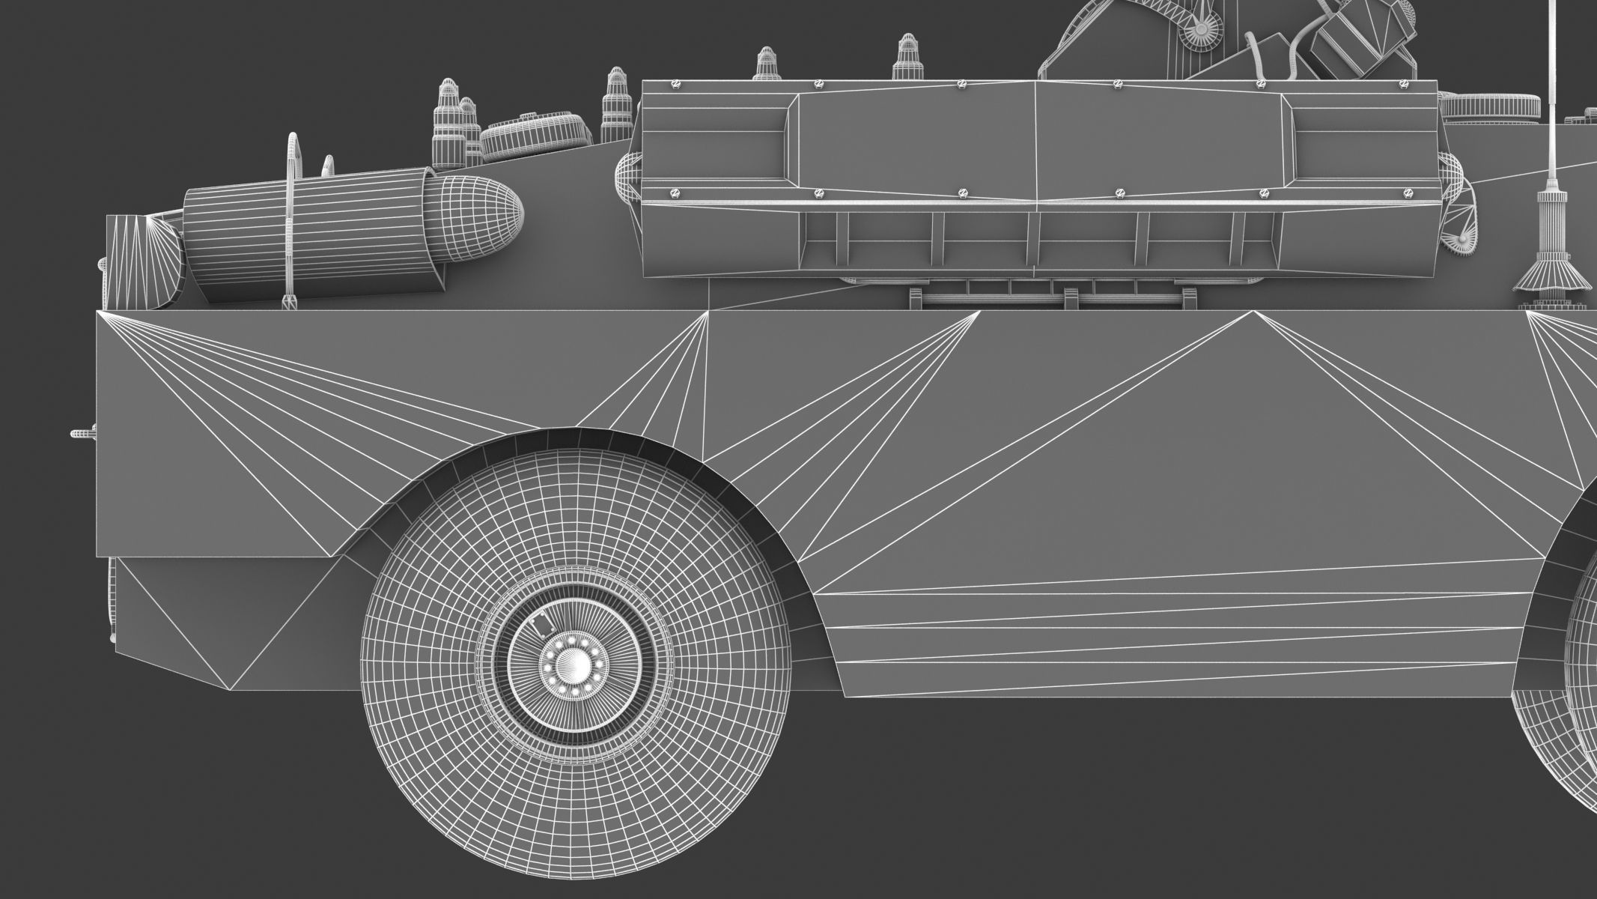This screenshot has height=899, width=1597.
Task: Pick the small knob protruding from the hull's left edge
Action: (x=82, y=432)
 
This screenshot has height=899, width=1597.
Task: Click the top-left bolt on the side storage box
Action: (x=676, y=83)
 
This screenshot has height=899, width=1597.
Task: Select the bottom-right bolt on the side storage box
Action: (x=1408, y=193)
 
